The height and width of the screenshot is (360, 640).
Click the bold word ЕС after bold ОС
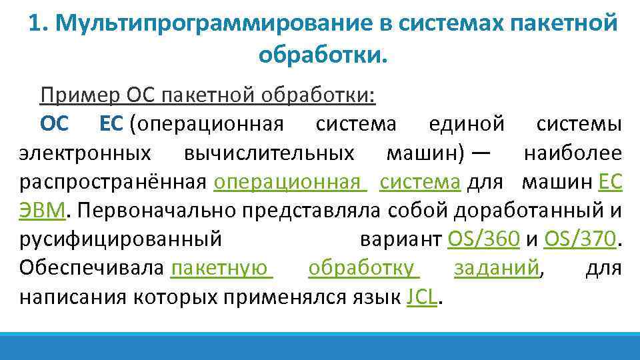112,124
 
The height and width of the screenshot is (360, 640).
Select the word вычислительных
269,153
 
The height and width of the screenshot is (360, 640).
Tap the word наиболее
573,153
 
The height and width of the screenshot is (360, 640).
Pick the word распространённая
115,181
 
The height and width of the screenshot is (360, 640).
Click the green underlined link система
420,181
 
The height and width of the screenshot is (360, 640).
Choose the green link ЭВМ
42,210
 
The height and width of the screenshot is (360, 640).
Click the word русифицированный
120,239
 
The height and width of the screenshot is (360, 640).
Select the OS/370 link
581,239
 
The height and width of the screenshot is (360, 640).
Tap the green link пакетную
221,267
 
